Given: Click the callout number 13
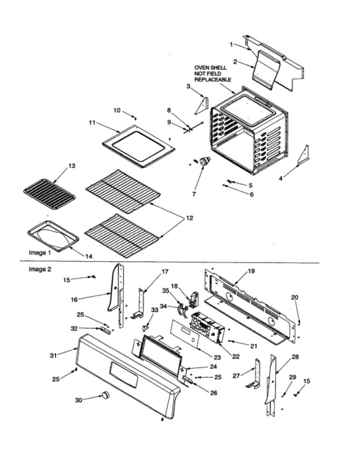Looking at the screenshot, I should click(x=71, y=166).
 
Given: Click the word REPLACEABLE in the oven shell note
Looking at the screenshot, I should click(x=212, y=79).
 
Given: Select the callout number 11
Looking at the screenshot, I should click(x=92, y=123).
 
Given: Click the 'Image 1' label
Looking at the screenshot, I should click(x=41, y=252).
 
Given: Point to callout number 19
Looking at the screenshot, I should click(x=251, y=270).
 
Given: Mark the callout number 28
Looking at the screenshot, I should click(x=295, y=357).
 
